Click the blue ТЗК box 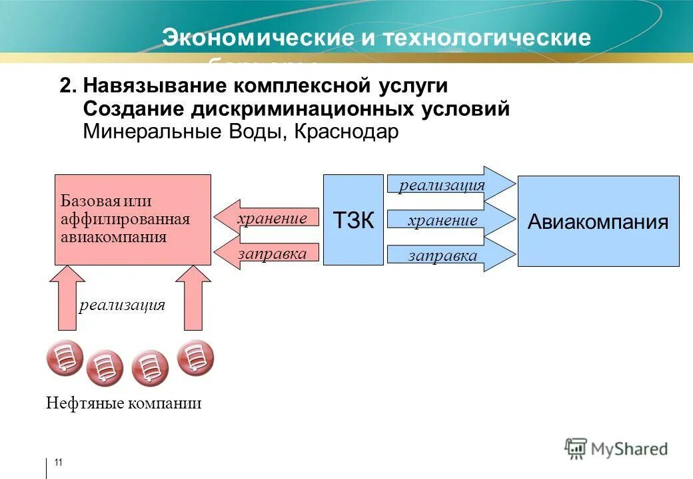tap(353, 220)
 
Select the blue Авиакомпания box tap(598, 221)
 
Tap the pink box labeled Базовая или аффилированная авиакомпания tap(133, 220)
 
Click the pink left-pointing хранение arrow tap(267, 218)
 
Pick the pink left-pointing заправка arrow tap(267, 253)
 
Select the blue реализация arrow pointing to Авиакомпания tap(450, 184)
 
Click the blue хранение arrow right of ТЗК tap(450, 220)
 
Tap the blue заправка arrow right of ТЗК tap(450, 255)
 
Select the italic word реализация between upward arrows tap(122, 305)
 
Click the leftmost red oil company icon tap(65, 359)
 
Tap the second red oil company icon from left tap(105, 368)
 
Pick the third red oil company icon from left tap(150, 369)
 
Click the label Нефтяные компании tap(123, 403)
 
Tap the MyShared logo tap(616, 448)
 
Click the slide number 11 tap(58, 463)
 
